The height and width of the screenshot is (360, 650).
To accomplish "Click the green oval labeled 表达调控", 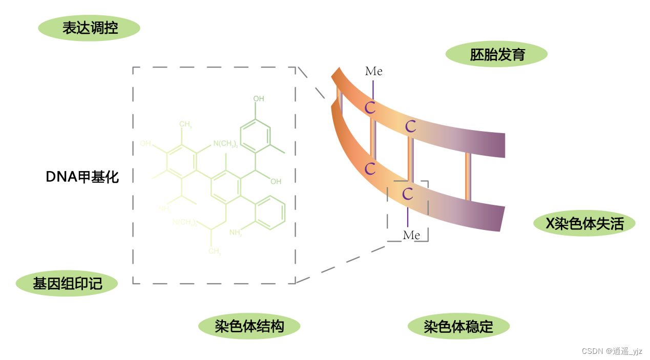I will tap(89, 28).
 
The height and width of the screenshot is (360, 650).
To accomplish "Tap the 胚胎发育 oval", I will tap(496, 54).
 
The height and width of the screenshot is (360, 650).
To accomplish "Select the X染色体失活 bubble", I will tap(584, 224).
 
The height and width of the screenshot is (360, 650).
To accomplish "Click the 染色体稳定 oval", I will tap(458, 326).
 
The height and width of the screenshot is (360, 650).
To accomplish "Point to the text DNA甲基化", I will tap(82, 177).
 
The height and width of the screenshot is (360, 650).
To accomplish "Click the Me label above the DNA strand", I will tap(373, 71).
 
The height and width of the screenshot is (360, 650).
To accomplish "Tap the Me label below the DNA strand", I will tap(411, 235).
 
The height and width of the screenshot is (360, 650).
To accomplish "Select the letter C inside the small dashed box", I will tap(408, 194).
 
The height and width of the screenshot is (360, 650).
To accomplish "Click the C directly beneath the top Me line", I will tap(370, 108).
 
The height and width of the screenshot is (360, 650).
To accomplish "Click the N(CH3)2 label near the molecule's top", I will tap(225, 144).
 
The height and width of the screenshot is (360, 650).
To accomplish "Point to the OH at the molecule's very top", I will tap(259, 99).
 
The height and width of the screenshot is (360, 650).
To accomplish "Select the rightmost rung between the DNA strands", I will tap(468, 176).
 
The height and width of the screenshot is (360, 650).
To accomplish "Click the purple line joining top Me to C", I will tap(373, 89).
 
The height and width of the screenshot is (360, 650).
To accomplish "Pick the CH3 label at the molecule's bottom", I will tap(215, 251).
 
